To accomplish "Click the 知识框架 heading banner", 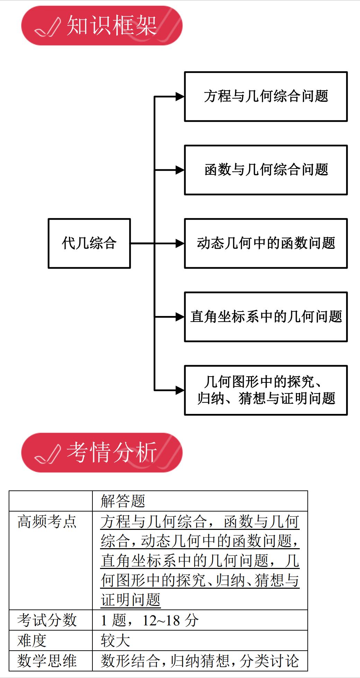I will click(102, 26).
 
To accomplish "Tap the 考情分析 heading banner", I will click(102, 452).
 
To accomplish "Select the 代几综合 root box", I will click(89, 243).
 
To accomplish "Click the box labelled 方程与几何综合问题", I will click(266, 97).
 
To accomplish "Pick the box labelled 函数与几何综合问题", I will click(266, 170).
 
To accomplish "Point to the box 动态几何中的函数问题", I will click(266, 243).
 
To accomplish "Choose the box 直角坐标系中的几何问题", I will click(266, 317).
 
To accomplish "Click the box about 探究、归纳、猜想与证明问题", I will click(266, 390).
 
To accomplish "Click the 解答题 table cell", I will click(123, 501).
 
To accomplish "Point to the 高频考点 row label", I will click(47, 522).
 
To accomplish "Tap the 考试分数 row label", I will click(47, 620).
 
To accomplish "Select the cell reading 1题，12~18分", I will click(150, 620).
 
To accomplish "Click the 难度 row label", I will click(32, 640).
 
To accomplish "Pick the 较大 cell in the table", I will click(116, 640).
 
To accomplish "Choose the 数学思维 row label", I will click(47, 661).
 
